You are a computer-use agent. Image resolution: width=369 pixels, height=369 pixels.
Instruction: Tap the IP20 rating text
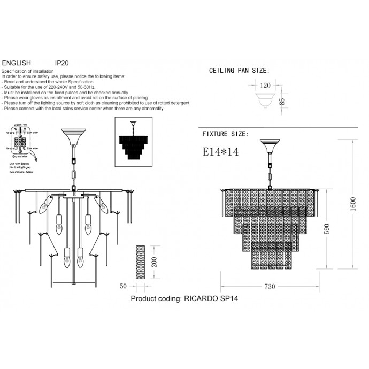62,63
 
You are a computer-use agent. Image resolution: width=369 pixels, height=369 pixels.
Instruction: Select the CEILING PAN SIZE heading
239,71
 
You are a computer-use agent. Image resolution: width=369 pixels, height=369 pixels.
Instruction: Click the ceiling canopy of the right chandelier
270,144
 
